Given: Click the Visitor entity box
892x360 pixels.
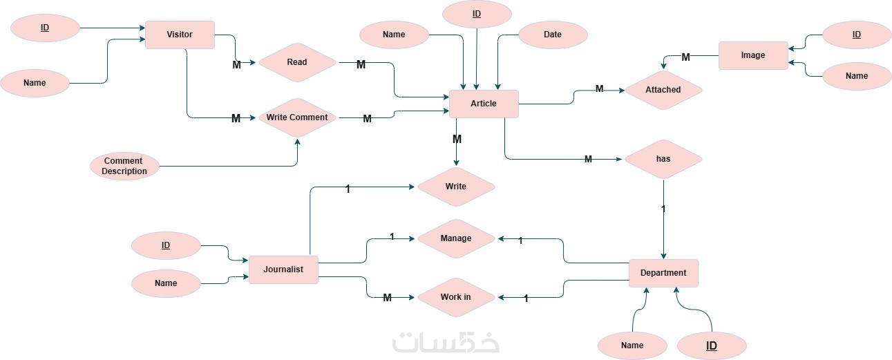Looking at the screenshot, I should (x=180, y=35).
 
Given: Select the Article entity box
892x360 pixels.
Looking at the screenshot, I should (x=484, y=104).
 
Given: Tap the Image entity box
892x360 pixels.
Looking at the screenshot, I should (x=752, y=55).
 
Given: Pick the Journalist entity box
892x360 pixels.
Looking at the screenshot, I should (x=283, y=269).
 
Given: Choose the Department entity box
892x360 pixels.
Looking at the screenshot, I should (x=663, y=273).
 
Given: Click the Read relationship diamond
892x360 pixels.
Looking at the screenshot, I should (x=296, y=62).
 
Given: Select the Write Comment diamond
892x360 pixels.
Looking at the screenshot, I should (x=297, y=117).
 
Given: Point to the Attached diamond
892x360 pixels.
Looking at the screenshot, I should (x=663, y=90).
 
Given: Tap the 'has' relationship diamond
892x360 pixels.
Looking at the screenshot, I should (x=663, y=159).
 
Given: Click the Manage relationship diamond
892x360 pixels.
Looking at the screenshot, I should (x=455, y=238).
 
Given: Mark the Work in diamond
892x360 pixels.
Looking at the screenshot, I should (x=455, y=298).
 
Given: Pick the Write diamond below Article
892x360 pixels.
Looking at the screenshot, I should (x=455, y=187).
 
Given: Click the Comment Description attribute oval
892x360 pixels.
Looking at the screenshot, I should (x=125, y=167).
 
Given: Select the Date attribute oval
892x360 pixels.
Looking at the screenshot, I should (x=553, y=35).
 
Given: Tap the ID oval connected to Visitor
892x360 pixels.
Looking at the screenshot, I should (x=45, y=28).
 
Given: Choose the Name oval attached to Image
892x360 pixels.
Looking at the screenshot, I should (x=857, y=76).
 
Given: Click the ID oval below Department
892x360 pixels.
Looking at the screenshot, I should (x=712, y=345).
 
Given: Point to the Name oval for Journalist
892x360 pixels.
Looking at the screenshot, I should (x=166, y=283).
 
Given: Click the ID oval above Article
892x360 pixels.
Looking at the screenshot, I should (x=476, y=14).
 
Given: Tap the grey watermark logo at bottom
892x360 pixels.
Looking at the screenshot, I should (x=446, y=342).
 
